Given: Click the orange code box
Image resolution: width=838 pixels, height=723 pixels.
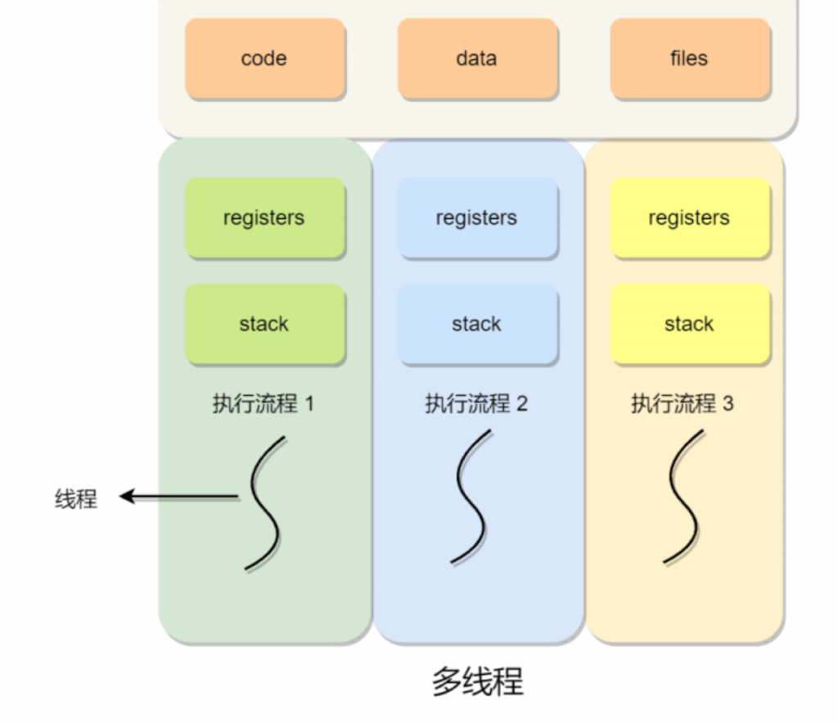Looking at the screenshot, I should click(264, 59).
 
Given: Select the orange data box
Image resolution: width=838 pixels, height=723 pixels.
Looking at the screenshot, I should click(477, 59).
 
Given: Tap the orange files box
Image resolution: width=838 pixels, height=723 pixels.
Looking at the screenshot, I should click(689, 59).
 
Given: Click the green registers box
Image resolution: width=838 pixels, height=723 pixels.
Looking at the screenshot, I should click(264, 218).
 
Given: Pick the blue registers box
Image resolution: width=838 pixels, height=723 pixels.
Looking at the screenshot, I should click(477, 218).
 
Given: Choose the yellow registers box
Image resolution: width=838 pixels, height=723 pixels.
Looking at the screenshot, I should click(689, 218).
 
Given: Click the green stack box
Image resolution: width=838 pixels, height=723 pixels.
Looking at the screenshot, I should click(264, 324).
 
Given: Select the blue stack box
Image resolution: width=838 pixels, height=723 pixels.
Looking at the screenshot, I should click(477, 324).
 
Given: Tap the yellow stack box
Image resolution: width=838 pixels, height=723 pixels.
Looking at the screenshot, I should click(689, 324).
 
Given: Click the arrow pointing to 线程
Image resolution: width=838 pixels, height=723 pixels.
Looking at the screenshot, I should click(178, 496).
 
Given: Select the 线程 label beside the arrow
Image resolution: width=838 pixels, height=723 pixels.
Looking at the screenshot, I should click(76, 498).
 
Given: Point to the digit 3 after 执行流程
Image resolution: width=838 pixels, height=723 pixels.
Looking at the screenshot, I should click(728, 404).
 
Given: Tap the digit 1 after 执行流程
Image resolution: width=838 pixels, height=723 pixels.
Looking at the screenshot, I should click(309, 404).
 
